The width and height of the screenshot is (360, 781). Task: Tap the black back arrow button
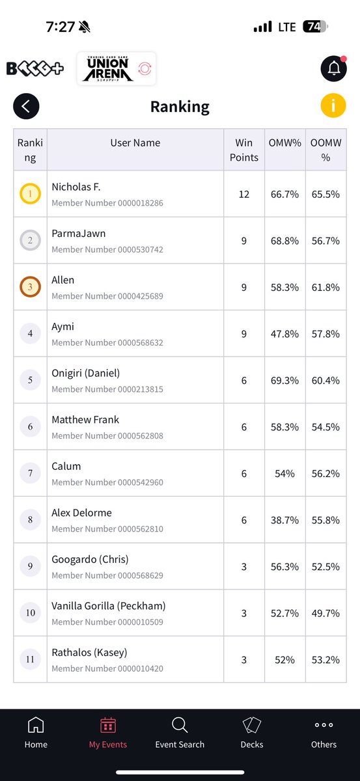26,106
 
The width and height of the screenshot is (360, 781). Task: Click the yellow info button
333,105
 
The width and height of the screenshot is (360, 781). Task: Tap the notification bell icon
334,68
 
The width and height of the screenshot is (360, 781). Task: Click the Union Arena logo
116,69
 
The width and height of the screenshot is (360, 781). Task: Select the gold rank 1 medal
31,193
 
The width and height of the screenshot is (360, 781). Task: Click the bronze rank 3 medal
31,286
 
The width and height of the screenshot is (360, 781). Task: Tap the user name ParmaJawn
79,233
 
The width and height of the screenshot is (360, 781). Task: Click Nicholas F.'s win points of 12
244,194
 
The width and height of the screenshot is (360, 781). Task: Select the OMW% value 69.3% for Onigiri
284,380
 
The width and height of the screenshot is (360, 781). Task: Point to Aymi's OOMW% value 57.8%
325,334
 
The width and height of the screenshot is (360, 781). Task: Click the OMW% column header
284,143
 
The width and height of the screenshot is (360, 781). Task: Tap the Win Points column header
244,150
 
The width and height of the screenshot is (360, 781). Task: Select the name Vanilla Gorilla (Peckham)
109,606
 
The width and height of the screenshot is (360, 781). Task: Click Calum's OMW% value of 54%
284,474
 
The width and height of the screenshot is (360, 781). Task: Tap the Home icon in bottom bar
36,725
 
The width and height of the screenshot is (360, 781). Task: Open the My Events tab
108,732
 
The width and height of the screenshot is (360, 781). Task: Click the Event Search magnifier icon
180,725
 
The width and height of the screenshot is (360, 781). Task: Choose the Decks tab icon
252,725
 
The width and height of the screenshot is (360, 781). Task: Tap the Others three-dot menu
324,725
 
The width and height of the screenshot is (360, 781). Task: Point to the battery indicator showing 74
315,27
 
